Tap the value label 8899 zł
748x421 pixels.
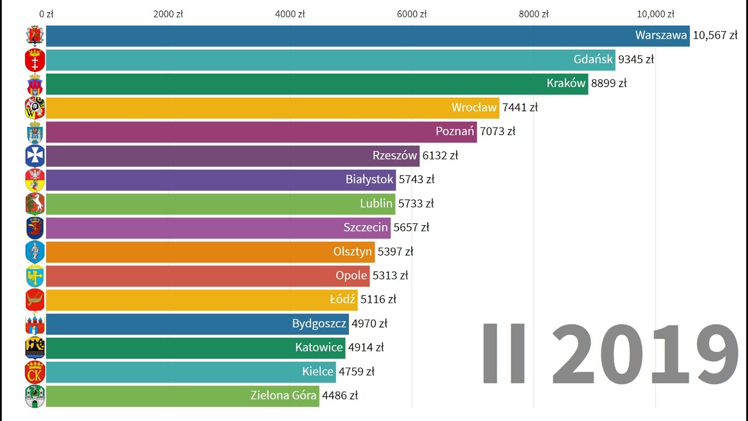[x=609, y=84]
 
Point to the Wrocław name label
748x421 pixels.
[x=474, y=108]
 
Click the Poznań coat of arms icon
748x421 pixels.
[x=35, y=132]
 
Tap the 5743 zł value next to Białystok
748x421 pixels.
[x=417, y=180]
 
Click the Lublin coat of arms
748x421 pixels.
[x=35, y=203]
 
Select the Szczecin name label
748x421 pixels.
[x=366, y=227]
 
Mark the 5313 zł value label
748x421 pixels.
[x=390, y=275]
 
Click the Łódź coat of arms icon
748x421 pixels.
[x=35, y=299]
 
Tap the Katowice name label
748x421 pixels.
[x=319, y=347]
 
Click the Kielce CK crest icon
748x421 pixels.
[x=35, y=371]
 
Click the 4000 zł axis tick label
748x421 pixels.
[x=290, y=14]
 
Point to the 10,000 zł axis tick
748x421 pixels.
[x=656, y=14]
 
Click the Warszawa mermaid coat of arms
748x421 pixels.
[x=35, y=36]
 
